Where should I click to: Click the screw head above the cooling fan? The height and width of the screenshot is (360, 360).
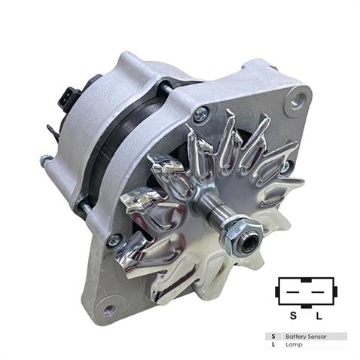click(200, 115)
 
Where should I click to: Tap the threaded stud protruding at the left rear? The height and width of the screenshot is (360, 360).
click(46, 160)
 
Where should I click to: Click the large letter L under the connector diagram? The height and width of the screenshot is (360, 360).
click(319, 313)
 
